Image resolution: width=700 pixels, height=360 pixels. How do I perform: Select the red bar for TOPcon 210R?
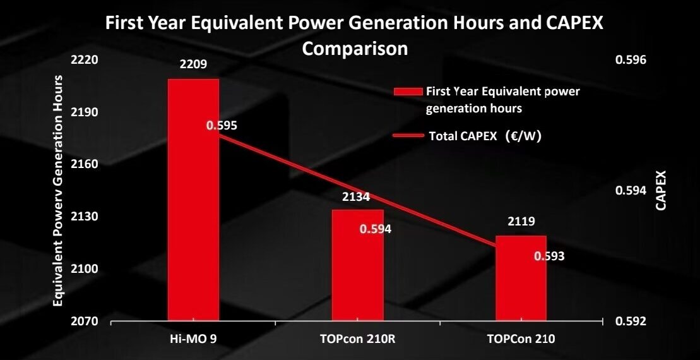click(x=357, y=265)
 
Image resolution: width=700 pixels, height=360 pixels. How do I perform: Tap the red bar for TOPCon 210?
click(x=521, y=278)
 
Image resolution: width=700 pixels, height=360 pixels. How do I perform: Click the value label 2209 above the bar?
click(x=193, y=64)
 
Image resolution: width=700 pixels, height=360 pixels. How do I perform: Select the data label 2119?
click(x=521, y=222)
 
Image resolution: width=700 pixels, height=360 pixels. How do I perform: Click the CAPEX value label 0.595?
click(x=222, y=126)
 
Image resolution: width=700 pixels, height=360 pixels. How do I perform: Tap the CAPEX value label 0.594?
click(x=376, y=229)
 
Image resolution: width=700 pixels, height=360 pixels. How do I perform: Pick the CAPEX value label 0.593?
click(x=549, y=256)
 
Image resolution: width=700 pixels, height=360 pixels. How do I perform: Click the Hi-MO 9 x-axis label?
click(x=193, y=339)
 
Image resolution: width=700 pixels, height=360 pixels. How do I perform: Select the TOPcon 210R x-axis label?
click(x=357, y=339)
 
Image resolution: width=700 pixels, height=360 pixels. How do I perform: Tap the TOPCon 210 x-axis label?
click(x=521, y=339)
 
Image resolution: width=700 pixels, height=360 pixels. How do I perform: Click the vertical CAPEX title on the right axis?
click(x=660, y=190)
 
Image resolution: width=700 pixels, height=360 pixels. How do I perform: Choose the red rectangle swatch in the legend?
click(x=408, y=92)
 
